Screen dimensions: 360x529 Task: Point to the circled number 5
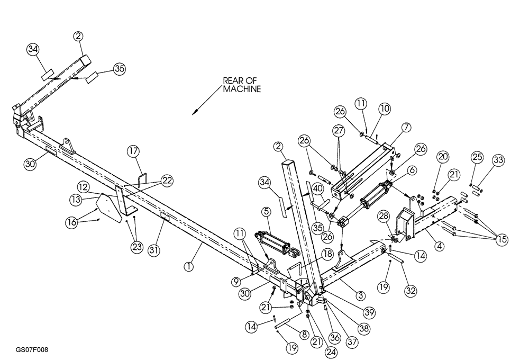266,212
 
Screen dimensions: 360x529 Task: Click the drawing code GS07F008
32,350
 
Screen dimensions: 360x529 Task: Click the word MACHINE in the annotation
241,90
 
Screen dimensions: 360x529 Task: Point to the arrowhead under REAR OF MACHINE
195,111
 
